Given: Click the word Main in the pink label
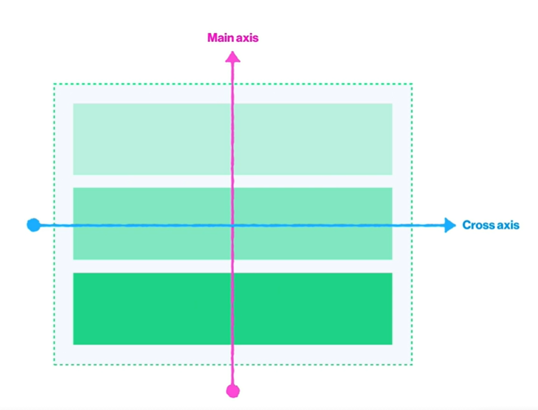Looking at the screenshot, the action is tap(219, 37).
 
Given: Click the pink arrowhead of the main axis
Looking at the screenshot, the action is tap(233, 57).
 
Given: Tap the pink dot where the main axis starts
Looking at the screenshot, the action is tap(233, 391).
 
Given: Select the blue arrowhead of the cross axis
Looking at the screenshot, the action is tap(450, 225).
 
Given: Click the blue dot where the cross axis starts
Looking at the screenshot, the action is tap(34, 225).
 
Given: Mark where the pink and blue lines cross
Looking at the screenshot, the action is tap(233, 225).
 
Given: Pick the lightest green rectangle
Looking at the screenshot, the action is tap(233, 139).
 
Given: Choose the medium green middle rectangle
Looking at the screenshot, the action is tap(233, 223).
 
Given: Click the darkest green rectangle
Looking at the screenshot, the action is tap(233, 309).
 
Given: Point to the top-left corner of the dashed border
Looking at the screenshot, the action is tap(54, 84).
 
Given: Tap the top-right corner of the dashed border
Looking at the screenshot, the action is tap(412, 84).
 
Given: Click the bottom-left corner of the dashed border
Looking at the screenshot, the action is tap(54, 364).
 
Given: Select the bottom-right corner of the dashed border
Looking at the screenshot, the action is tap(412, 364).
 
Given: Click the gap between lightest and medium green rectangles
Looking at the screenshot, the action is tap(233, 181).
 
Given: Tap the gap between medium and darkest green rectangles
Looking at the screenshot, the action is tap(233, 266).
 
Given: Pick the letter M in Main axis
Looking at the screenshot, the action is tap(212, 37).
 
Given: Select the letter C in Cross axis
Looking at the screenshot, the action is tap(466, 225).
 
